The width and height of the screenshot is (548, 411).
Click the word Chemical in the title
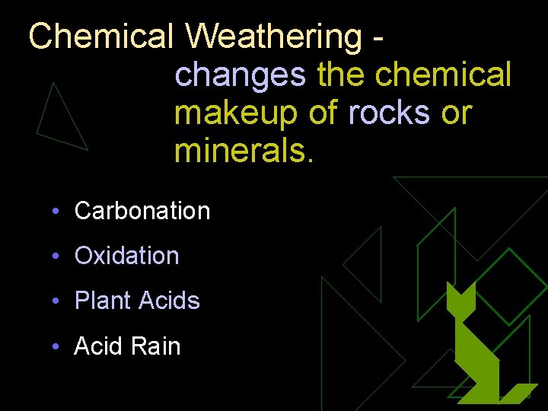102,36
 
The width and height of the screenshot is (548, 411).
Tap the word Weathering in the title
274,36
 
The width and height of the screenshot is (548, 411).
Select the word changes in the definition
240,75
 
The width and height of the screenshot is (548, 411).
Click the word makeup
237,113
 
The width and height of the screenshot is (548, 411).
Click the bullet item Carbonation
142,211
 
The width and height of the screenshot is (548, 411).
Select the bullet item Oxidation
127,256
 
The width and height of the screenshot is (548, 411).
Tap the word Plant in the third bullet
103,301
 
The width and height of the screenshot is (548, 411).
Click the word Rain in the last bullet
156,346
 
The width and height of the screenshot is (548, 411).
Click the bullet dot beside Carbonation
56,212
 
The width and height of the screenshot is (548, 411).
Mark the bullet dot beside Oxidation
56,256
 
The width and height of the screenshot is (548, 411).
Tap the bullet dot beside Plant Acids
56,301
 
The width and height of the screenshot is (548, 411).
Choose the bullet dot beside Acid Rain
56,347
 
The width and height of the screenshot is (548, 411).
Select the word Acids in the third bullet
169,301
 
